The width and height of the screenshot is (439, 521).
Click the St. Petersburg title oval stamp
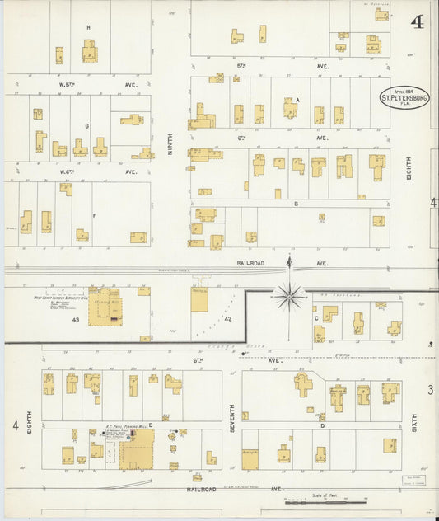coord(404,96)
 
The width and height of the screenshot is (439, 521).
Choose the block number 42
coord(228,318)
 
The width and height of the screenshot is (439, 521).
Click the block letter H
coord(88,27)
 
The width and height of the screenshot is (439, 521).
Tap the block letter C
coord(315,317)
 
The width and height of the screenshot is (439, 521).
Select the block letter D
coord(322,425)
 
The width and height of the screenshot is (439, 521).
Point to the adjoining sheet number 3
coord(430,388)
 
